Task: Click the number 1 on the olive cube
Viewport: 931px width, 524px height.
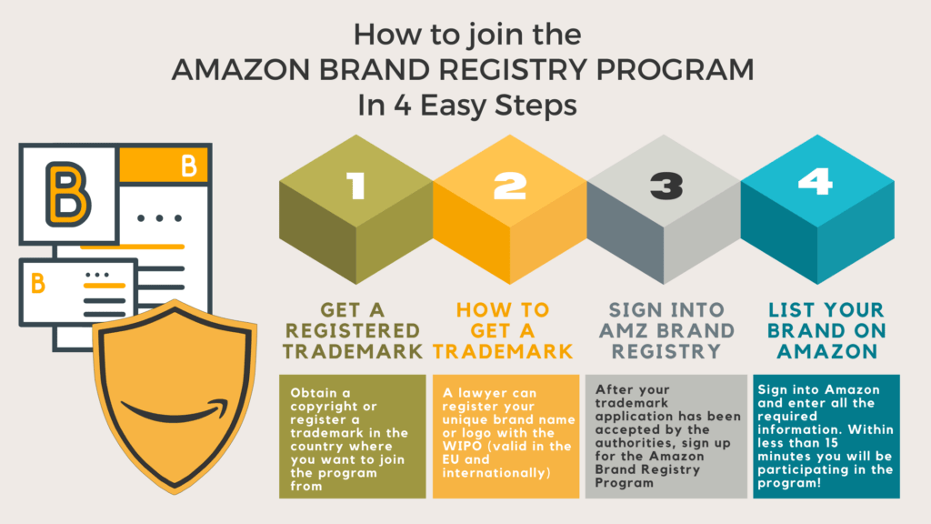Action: click(356, 186)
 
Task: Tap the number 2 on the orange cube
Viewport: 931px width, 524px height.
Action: click(510, 186)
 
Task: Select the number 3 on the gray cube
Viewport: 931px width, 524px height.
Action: click(666, 186)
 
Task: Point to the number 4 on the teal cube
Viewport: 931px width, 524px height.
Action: click(816, 181)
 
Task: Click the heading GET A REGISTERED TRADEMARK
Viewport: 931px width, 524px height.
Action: click(353, 330)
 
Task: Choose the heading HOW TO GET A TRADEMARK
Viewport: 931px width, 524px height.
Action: click(503, 330)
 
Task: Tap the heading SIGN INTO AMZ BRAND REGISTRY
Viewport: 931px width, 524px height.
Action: click(666, 330)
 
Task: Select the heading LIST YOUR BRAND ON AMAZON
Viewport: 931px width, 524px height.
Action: click(826, 330)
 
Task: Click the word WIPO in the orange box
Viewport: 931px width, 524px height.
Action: click(461, 446)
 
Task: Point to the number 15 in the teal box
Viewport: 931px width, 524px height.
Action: click(830, 443)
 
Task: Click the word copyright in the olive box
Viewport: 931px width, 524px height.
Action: click(325, 407)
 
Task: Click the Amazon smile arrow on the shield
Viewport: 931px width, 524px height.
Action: click(175, 410)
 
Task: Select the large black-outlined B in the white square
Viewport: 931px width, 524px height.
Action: click(67, 195)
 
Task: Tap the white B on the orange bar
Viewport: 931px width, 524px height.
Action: click(189, 166)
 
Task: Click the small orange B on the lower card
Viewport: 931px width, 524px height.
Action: click(38, 284)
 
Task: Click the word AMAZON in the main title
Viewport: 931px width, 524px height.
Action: click(241, 69)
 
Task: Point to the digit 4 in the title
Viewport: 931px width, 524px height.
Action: click(402, 106)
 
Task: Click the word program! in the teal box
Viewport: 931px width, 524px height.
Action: click(789, 482)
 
